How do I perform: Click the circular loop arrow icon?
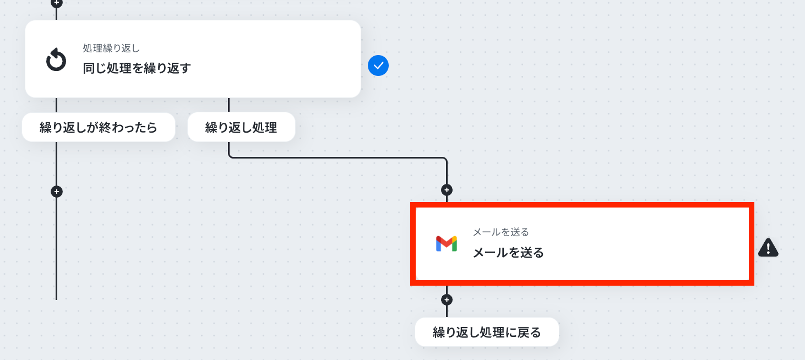(x=56, y=59)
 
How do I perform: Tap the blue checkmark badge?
(x=378, y=66)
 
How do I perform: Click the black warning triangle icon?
(x=768, y=248)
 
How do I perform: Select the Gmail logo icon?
(x=447, y=244)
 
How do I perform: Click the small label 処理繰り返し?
(x=111, y=48)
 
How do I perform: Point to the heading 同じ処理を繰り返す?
(x=137, y=68)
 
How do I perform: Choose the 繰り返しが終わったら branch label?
(x=99, y=127)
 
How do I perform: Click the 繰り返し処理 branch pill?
(x=241, y=127)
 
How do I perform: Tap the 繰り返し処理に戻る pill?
(x=487, y=332)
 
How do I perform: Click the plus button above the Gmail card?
(x=447, y=190)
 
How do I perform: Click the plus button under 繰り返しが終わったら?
(x=56, y=192)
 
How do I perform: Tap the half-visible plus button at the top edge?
(x=56, y=3)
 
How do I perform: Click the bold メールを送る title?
(x=508, y=253)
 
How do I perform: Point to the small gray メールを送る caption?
(x=501, y=232)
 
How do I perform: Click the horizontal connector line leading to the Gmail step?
(x=338, y=157)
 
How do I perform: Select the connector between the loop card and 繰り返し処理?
(x=229, y=105)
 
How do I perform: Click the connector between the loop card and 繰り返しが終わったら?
(x=56, y=105)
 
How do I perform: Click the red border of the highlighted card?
(x=582, y=205)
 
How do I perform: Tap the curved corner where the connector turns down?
(x=445, y=159)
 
